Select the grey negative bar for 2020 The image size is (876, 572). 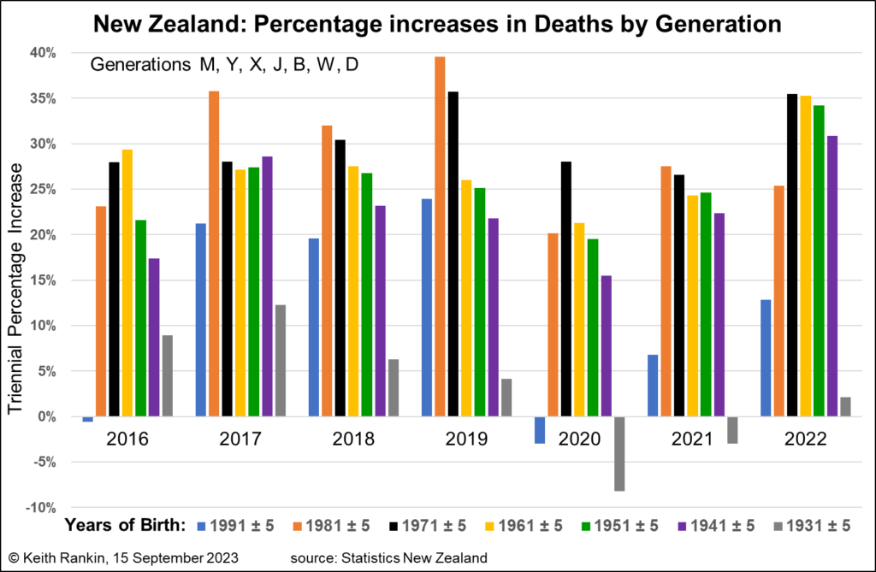[619, 453]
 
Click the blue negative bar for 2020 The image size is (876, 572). [540, 430]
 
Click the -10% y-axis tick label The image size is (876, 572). [41, 508]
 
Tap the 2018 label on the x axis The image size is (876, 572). [353, 439]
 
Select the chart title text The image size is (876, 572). [437, 25]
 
